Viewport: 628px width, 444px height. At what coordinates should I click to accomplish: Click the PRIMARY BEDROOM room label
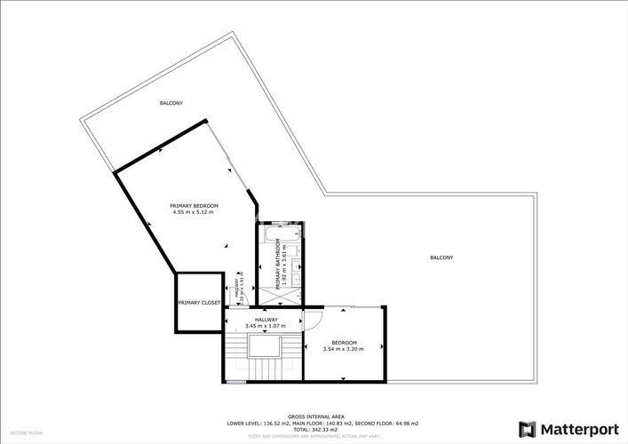pyautogui.click(x=194, y=205)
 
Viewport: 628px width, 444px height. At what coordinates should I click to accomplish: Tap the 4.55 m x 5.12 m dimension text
pyautogui.click(x=194, y=212)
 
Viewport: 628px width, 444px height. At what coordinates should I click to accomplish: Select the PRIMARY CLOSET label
pyautogui.click(x=198, y=303)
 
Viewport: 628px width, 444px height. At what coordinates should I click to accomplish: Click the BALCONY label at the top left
pyautogui.click(x=171, y=104)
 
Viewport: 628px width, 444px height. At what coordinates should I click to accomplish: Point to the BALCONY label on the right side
pyautogui.click(x=441, y=258)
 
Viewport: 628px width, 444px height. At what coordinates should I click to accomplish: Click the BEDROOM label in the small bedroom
pyautogui.click(x=344, y=343)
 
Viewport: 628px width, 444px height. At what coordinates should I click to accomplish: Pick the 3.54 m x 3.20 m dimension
pyautogui.click(x=344, y=350)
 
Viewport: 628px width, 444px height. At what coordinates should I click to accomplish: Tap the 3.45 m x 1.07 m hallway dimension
pyautogui.click(x=266, y=326)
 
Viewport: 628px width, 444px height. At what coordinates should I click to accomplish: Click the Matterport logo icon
pyautogui.click(x=528, y=429)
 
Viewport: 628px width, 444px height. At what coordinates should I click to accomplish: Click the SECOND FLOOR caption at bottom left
pyautogui.click(x=27, y=432)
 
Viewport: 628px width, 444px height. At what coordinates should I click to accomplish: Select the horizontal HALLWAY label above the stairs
pyautogui.click(x=266, y=320)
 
